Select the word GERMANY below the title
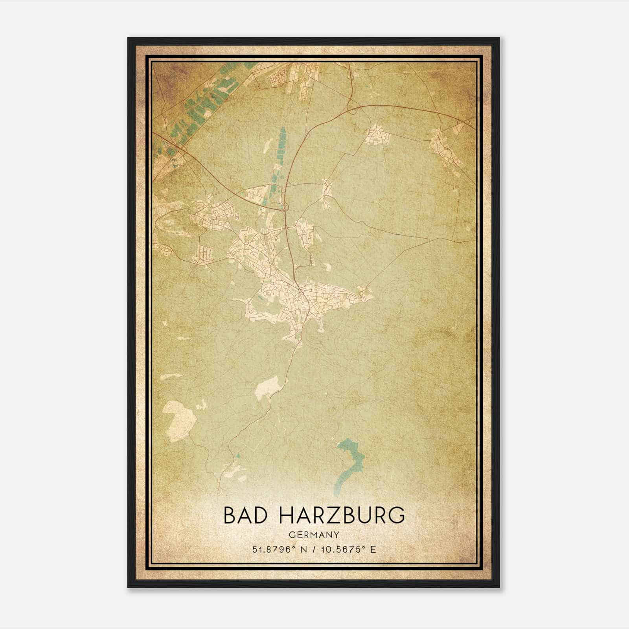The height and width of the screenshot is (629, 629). [314, 535]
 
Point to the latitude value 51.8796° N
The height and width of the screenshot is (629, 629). [278, 549]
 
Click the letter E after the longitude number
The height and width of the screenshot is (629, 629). [373, 549]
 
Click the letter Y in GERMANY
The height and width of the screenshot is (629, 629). [337, 535]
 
